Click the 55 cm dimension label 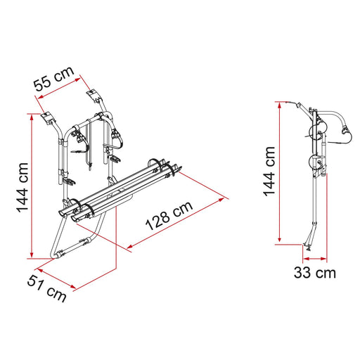[54, 79]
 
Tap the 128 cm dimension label [169, 216]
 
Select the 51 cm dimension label [46, 288]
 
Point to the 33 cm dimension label [315, 273]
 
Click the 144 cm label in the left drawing [22, 188]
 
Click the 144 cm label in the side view [269, 172]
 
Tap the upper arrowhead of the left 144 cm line [32, 117]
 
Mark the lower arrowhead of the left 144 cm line [32, 255]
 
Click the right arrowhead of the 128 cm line [221, 200]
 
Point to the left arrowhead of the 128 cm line [130, 246]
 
